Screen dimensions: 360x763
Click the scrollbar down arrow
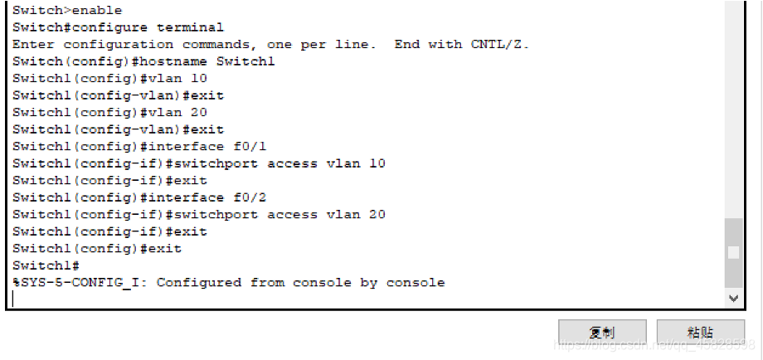732,298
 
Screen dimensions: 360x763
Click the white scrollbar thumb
732,252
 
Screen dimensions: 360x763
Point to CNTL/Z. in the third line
500,44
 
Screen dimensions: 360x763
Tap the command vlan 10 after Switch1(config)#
177,78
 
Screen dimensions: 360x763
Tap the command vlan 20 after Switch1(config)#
177,112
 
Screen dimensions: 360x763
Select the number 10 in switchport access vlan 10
377,163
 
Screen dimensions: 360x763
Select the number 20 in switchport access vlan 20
377,214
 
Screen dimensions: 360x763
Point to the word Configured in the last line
198,283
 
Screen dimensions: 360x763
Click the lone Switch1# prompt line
46,265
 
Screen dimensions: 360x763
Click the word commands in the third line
216,44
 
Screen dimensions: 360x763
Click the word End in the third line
406,44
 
